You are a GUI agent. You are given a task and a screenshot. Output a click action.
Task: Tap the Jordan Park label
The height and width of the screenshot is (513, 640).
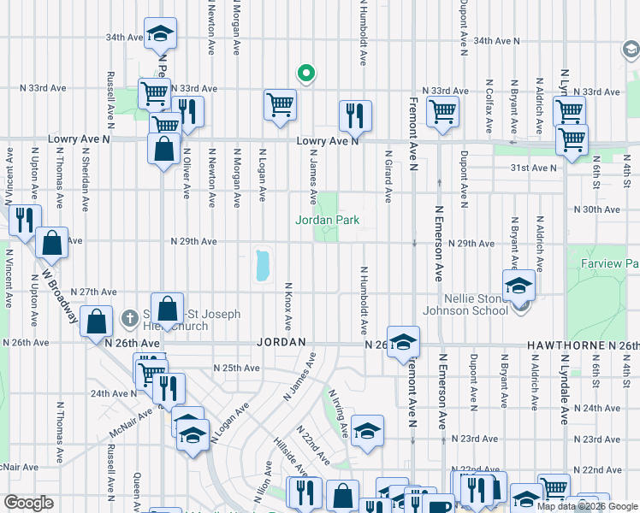coord(327,221)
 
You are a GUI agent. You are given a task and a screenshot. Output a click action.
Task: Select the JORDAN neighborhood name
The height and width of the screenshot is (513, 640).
coord(281,342)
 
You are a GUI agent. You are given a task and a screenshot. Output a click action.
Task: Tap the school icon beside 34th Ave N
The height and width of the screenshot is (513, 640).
coord(160,34)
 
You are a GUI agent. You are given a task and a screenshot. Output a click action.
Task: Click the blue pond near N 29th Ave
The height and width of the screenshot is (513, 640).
coord(262,265)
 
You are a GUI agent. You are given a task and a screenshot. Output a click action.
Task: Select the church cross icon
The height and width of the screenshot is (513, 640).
coord(130,318)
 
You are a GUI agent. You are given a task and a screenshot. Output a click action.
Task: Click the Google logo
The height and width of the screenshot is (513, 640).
coord(29,503)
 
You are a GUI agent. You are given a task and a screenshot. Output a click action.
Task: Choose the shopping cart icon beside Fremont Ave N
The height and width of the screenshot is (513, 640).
coord(442,111)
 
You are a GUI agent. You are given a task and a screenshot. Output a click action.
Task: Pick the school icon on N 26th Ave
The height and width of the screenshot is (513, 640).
coord(403,341)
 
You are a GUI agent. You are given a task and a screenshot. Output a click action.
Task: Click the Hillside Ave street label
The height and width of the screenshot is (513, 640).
coord(291,457)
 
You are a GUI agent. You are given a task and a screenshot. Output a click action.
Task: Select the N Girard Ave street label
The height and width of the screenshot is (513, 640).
coord(388,178)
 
